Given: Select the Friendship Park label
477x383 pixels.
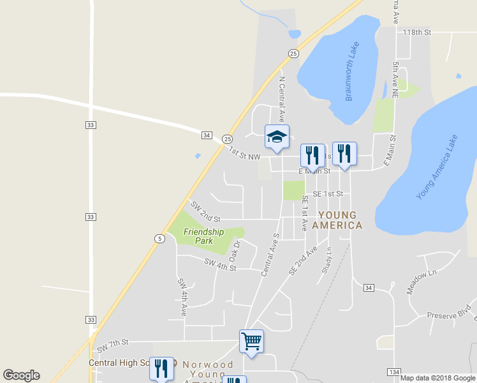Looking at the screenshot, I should [203, 236].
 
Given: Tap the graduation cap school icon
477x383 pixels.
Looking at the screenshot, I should [277, 136].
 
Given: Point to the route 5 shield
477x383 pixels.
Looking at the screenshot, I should [159, 239].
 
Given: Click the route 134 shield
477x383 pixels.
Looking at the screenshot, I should [393, 372].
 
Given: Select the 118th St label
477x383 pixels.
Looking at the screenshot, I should [417, 31].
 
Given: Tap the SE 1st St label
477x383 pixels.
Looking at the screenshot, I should [328, 193].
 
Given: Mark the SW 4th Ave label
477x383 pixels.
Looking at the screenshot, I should [182, 297].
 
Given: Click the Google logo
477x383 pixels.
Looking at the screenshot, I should [21, 375].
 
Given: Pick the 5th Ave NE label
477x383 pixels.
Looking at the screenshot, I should [395, 80].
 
